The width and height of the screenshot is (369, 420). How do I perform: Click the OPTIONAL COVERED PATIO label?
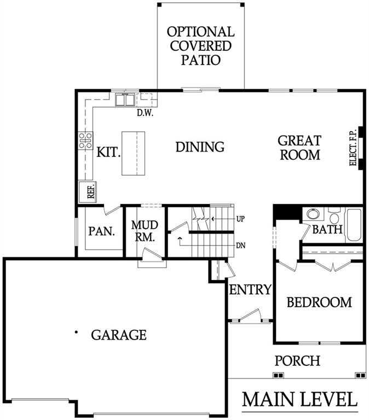201,46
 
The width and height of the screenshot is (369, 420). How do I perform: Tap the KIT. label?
108,152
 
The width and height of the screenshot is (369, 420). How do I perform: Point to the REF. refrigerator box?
89,191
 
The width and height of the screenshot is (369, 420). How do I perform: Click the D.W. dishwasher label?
145,114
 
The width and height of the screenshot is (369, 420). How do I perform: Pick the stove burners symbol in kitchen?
85,141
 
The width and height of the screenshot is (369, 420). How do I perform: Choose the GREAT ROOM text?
299,148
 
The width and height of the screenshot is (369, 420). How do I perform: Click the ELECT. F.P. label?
353,148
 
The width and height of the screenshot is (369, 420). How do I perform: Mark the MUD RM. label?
145,231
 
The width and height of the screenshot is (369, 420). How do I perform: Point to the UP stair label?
240,219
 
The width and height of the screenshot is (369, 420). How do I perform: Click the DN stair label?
240,245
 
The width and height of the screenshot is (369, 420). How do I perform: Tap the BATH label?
327,230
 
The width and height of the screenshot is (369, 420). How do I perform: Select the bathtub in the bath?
354,224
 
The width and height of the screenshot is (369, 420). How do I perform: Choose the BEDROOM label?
319,302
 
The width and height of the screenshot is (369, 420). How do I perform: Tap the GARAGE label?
119,334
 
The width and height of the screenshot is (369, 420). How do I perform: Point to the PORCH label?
297,361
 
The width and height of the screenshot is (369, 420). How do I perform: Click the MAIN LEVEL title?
300,399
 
